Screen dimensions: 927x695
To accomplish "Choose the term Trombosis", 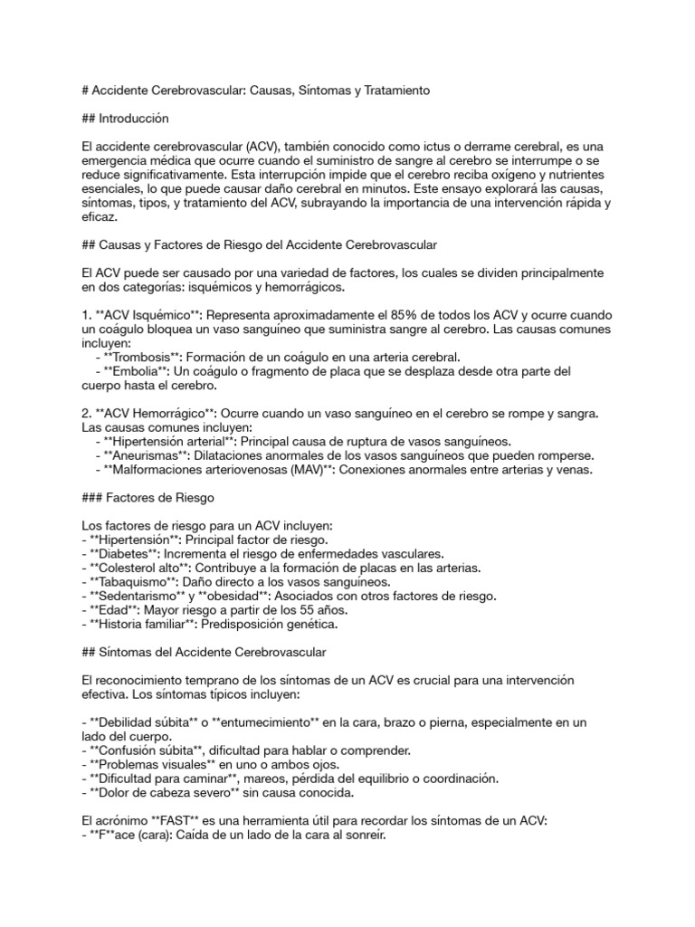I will point(146,356).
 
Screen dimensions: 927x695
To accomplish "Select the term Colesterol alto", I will point(140,568).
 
